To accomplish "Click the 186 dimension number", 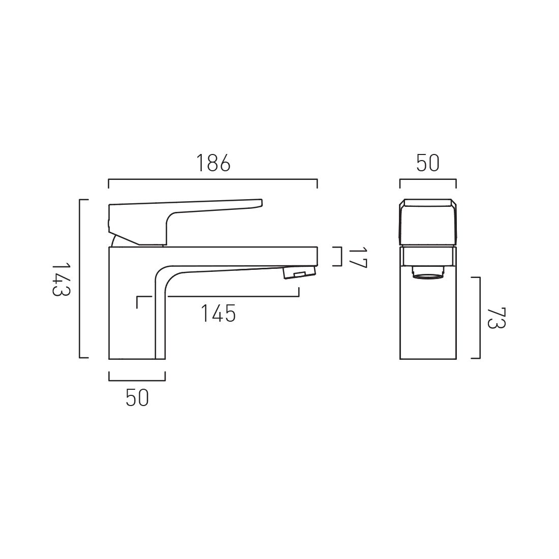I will click(213, 164).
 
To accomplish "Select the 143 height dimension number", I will click(60, 279).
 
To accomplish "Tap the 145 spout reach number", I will click(218, 314).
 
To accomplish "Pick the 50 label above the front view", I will click(427, 164).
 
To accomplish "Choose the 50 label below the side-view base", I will click(137, 398).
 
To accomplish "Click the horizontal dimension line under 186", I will click(213, 179).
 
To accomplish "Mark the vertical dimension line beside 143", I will click(80, 279).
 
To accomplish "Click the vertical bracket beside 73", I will click(479, 318).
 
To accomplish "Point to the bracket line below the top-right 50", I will click(427, 179).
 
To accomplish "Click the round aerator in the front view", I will click(427, 274).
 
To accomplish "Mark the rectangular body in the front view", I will click(427, 318).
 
